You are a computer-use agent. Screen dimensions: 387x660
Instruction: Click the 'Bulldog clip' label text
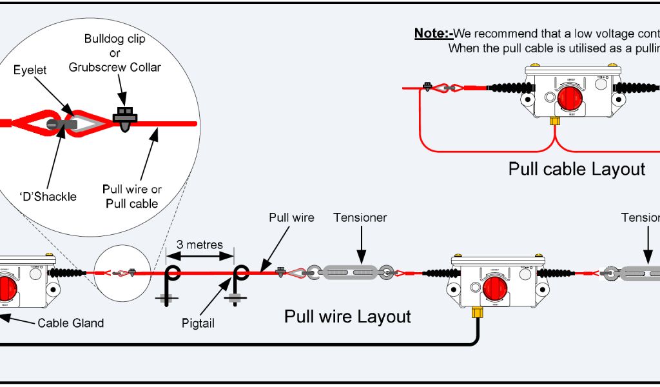coord(115,39)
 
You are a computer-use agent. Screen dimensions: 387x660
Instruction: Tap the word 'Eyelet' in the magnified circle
coord(30,70)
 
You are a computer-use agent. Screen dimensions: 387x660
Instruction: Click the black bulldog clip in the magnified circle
coord(124,116)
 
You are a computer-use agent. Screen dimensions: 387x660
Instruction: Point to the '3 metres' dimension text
coord(200,244)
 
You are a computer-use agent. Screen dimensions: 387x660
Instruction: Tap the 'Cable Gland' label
coord(70,323)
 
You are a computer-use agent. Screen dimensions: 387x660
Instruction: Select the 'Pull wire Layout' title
coord(347,317)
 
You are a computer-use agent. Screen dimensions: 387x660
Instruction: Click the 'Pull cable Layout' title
coord(576,169)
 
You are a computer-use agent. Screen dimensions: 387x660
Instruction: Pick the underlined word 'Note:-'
coord(434,34)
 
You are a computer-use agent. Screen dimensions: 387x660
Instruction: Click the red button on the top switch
coord(570,99)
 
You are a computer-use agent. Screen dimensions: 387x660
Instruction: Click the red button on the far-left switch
coord(8,287)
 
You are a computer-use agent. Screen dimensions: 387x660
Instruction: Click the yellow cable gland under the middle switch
coord(478,313)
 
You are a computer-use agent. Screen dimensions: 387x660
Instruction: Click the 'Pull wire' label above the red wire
coord(291,217)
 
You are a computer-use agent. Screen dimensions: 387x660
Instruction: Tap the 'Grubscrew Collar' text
coord(115,67)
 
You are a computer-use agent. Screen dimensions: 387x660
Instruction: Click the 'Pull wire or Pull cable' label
coord(132,197)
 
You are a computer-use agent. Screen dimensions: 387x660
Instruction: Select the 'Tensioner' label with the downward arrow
coord(360,217)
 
